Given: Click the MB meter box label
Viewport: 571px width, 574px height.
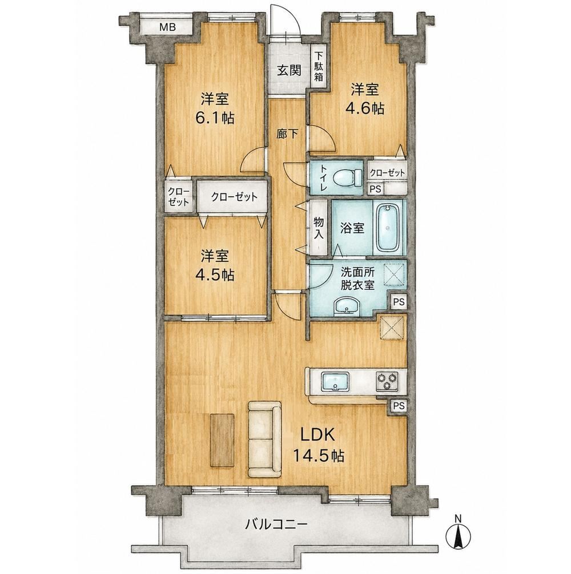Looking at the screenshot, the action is coord(167,27).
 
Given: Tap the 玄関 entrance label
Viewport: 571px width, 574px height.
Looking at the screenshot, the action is coord(288,70).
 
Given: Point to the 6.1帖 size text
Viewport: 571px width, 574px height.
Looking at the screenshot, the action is coord(215,118).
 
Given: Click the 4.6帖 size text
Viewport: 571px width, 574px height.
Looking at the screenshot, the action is coord(365,108).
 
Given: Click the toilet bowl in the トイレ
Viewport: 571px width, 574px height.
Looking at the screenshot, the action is coord(344,178).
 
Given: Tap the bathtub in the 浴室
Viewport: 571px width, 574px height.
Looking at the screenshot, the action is coord(388,228).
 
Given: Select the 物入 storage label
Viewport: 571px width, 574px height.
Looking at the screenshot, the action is coord(319,228).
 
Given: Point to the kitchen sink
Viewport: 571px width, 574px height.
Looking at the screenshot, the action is coord(335,382).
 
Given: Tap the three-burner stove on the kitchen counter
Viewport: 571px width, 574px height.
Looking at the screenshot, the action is coord(387,381).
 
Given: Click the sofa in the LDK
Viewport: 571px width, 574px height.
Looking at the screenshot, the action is coord(265,439).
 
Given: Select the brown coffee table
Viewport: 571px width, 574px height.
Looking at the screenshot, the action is coord(222,440).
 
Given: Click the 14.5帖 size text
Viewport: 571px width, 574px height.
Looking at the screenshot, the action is coord(318,456).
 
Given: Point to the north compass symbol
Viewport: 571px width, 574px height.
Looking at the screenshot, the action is coord(458,535).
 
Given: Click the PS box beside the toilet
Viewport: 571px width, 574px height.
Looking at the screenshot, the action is coord(375,189).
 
